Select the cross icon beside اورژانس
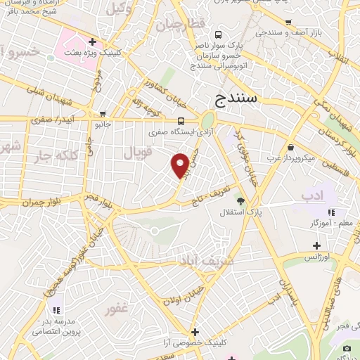tap(317, 246)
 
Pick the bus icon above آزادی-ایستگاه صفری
tap(181, 120)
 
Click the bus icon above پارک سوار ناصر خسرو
tap(219, 34)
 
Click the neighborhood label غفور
tap(117, 309)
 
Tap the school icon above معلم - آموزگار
tap(331, 212)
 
